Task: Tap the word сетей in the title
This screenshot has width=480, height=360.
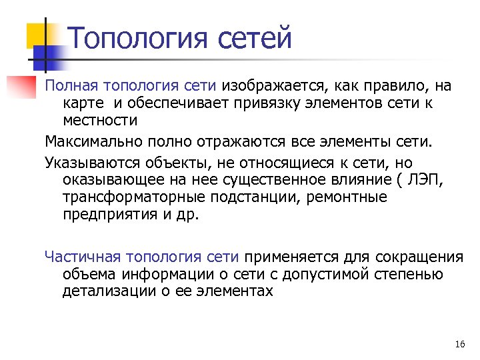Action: tap(255, 37)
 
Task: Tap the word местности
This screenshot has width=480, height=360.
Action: tap(100, 121)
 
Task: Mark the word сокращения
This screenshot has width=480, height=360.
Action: tap(419, 257)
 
